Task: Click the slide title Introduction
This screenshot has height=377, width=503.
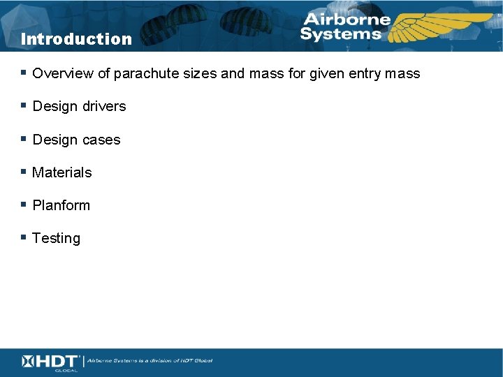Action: point(76,39)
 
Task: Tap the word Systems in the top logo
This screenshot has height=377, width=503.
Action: point(342,34)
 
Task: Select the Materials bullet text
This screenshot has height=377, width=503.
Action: point(62,172)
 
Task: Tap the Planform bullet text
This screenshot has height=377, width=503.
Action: point(61,205)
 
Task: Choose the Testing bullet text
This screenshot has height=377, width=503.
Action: point(57,238)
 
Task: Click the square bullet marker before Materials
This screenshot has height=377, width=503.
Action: point(24,172)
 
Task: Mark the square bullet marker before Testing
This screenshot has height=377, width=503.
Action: point(24,237)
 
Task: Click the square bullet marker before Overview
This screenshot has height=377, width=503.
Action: point(24,73)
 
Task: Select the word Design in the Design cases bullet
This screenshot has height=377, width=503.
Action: point(54,140)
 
